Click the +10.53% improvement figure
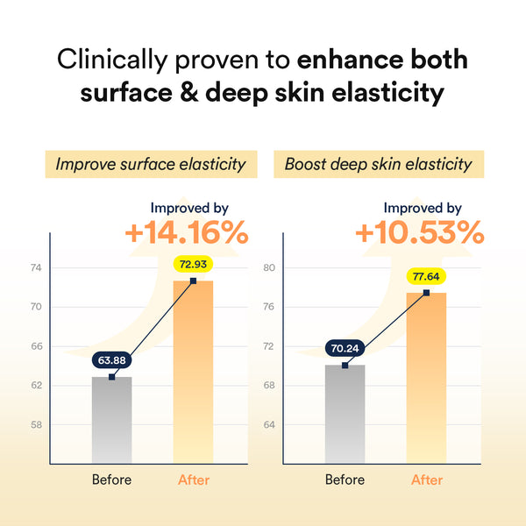(x=419, y=233)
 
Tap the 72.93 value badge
(x=193, y=263)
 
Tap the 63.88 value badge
(x=111, y=359)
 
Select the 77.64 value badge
(x=426, y=276)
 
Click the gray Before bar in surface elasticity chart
(x=111, y=421)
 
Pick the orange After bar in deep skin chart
(x=426, y=377)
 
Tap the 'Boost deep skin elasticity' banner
(x=379, y=164)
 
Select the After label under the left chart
(x=194, y=480)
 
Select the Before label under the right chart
(x=345, y=480)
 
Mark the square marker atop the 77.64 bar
(x=426, y=292)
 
